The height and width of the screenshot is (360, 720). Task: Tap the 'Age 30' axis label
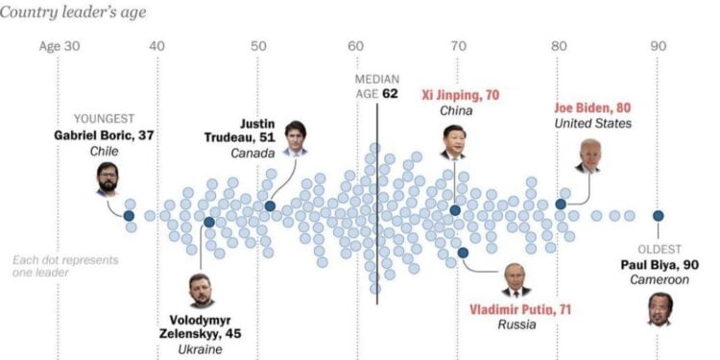[60, 45]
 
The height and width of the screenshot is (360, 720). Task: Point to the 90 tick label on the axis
[658, 45]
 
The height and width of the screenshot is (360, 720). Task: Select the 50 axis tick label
[257, 45]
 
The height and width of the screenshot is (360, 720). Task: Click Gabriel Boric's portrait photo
[108, 179]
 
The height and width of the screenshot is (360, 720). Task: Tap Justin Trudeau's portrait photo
[295, 138]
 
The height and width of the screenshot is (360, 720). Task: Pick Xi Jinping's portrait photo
[453, 141]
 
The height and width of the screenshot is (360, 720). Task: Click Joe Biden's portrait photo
[588, 155]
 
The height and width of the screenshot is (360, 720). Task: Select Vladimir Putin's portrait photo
[516, 279]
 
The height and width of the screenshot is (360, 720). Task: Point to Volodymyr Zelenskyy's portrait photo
[201, 290]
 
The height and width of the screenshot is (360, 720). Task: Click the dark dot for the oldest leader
[659, 216]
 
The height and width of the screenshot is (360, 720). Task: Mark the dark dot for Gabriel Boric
[129, 216]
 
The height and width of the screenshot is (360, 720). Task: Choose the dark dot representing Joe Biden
[561, 204]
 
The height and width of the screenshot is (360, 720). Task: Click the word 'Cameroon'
[659, 279]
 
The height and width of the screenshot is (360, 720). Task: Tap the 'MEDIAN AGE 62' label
[376, 85]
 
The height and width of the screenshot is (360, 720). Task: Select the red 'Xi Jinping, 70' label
[461, 95]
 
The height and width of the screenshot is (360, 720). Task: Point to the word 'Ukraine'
[200, 349]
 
